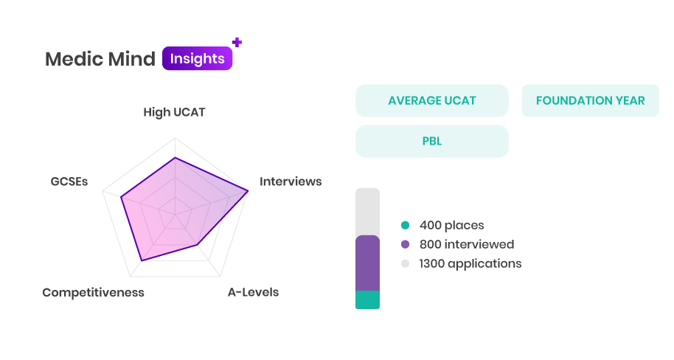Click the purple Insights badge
[198, 58]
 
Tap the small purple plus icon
[237, 42]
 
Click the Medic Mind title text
[100, 59]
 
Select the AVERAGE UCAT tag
[432, 100]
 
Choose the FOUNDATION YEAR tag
[590, 100]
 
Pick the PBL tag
[432, 141]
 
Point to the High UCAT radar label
[174, 112]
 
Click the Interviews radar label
[291, 181]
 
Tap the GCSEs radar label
[69, 181]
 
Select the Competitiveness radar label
[93, 292]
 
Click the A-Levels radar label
[253, 292]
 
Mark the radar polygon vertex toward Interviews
[248, 191]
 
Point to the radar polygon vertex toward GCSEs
[121, 197]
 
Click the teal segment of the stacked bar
[367, 300]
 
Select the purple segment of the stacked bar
[367, 263]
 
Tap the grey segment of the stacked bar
[367, 212]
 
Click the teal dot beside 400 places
[405, 225]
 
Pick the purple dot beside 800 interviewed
[405, 244]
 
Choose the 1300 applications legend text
[470, 263]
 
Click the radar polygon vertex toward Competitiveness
[142, 260]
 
